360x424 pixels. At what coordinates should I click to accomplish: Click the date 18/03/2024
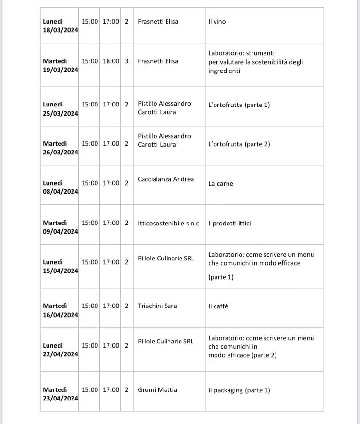coord(60,30)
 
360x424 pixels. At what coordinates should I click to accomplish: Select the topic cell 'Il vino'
coord(217,22)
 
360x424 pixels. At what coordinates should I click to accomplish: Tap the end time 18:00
coord(111,61)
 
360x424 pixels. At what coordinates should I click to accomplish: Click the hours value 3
coord(127,61)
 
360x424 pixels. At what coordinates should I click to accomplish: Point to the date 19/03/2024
coord(60,70)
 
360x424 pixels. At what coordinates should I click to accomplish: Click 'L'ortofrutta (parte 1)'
coord(239,105)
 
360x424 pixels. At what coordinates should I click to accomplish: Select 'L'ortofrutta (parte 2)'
coord(239,144)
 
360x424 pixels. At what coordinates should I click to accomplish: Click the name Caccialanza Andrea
coord(166,179)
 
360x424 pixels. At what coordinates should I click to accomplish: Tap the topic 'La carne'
coord(221,183)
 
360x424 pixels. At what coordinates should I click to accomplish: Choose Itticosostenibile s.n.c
coord(168,223)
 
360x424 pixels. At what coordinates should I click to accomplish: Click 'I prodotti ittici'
coord(229,223)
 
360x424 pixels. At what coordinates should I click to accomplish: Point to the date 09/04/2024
coord(60,232)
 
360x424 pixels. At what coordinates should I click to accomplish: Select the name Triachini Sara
coord(157,306)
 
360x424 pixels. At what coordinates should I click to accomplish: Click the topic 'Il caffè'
coord(218,306)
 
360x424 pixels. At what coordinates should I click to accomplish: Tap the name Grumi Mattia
coord(157,390)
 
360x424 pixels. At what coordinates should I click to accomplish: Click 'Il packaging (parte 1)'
coord(239,390)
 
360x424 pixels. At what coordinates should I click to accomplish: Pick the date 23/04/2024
coord(60,399)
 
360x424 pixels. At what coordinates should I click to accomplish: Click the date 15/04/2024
coord(60,271)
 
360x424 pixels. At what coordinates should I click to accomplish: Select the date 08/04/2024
coord(60,192)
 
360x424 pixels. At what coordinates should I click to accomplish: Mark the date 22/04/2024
coord(60,354)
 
